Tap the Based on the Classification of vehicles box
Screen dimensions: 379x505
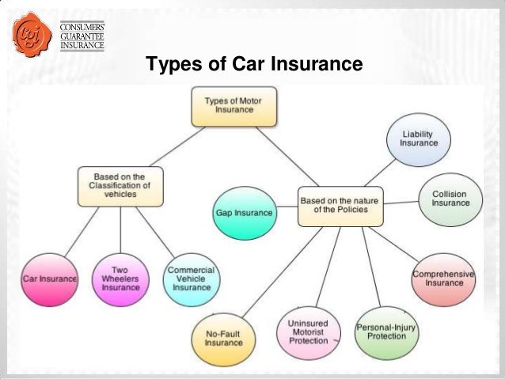(x=120, y=185)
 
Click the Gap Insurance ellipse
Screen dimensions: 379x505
(x=244, y=213)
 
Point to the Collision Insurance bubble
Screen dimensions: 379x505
(x=449, y=198)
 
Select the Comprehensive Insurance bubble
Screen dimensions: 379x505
(x=443, y=277)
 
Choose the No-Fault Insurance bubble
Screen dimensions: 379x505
(x=224, y=338)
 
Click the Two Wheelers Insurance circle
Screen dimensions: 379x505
(x=120, y=279)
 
